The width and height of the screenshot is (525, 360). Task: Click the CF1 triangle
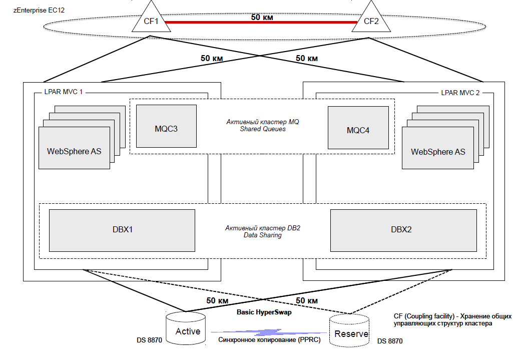point(151,20)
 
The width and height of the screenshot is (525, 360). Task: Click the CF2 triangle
point(371,20)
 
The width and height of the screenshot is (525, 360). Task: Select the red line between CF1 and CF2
point(261,23)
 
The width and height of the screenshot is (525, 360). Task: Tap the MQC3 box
point(166,126)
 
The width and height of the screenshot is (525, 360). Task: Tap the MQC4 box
point(358,128)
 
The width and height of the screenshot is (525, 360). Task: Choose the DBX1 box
point(122,230)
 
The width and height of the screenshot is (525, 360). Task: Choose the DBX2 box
point(403,230)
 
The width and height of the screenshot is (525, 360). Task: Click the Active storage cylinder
point(186,328)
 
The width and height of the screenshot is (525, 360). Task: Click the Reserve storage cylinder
point(349,330)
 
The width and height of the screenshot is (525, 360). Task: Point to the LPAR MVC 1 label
point(63,92)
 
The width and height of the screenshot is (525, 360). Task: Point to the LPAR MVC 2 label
point(460,93)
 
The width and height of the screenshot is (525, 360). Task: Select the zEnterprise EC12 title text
point(39,10)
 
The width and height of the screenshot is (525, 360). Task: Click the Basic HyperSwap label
point(264,312)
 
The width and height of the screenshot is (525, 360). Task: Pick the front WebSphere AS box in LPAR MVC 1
point(75,148)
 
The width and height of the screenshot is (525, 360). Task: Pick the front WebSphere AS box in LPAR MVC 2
point(438,148)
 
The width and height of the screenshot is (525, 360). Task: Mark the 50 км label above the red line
point(262,17)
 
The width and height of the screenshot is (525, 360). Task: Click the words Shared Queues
point(263,129)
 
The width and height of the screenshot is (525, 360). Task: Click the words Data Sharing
point(262,235)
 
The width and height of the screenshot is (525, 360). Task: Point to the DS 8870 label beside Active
point(149,340)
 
